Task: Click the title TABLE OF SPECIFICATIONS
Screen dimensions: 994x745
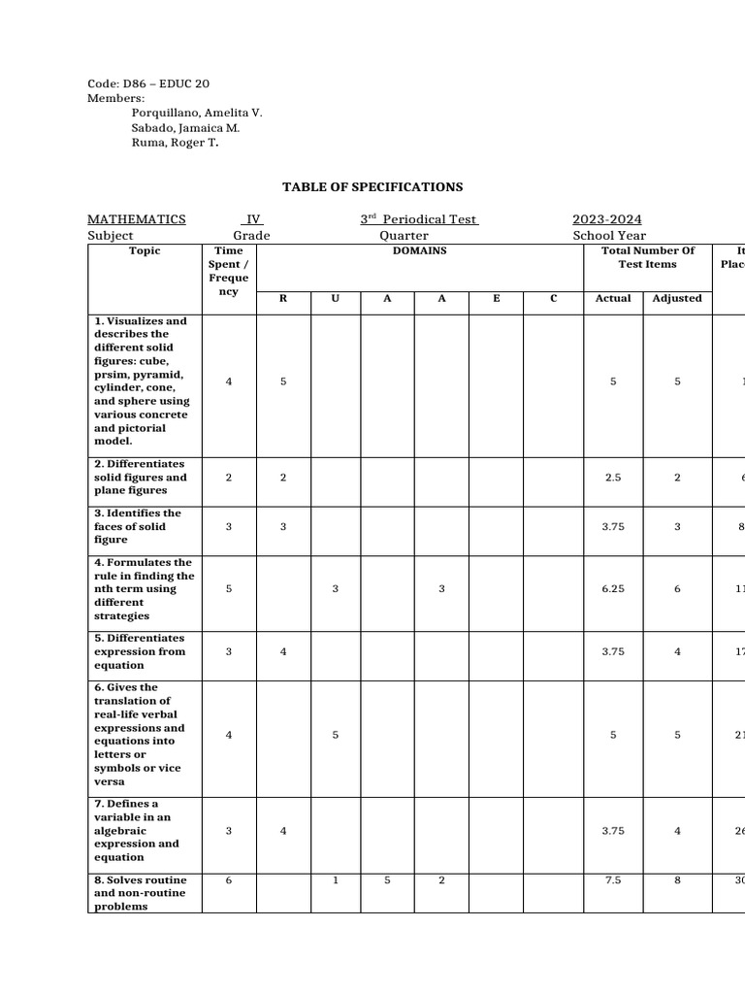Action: tap(372, 187)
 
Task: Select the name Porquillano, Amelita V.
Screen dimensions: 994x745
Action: tap(197, 113)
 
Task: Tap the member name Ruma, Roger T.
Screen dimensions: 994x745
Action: tap(175, 143)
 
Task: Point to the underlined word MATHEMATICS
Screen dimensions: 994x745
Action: tap(137, 219)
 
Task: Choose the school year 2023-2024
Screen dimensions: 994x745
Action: tap(606, 219)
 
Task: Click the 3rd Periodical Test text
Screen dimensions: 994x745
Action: tap(419, 219)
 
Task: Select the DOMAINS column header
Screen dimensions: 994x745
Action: tap(419, 250)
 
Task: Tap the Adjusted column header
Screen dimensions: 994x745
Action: tap(677, 298)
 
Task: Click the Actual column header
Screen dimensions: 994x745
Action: tap(613, 298)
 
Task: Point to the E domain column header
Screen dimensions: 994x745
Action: tap(496, 298)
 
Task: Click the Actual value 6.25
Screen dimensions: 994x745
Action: tap(613, 589)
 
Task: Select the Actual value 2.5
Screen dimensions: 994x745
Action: tap(613, 478)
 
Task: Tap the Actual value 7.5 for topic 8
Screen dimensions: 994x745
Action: tap(613, 880)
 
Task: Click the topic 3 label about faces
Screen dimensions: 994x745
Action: tap(138, 526)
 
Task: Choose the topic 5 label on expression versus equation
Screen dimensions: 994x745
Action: tap(140, 651)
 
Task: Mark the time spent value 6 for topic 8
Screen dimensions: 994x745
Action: tap(229, 880)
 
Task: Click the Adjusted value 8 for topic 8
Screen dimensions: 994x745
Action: tap(677, 880)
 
